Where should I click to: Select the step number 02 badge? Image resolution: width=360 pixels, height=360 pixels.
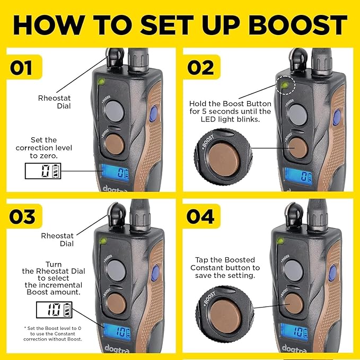coord(201,67)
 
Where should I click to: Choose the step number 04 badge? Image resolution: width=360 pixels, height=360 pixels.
coord(201,216)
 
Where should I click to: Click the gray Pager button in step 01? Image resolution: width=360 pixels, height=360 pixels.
coord(114,111)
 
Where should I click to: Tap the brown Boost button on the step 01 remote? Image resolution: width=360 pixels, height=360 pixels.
coord(114,144)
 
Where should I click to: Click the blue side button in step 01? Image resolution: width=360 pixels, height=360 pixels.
coord(154,113)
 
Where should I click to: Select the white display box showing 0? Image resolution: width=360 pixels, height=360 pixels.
coord(43,171)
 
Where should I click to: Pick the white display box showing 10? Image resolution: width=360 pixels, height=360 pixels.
coord(54,310)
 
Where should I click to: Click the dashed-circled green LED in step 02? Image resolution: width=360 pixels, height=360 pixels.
coord(285,85)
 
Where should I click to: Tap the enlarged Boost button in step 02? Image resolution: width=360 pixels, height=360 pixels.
coord(223,160)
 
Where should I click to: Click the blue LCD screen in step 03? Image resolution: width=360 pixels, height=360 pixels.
coord(117,331)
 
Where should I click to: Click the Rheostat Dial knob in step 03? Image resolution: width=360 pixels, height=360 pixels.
coord(117,214)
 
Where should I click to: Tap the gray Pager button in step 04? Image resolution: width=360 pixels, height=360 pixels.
coord(293,270)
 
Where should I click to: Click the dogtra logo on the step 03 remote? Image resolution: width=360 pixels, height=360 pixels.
coord(117,349)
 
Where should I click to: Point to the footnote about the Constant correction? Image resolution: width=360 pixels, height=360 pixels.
coord(52,333)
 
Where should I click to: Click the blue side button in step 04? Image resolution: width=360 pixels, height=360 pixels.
coord(332,273)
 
